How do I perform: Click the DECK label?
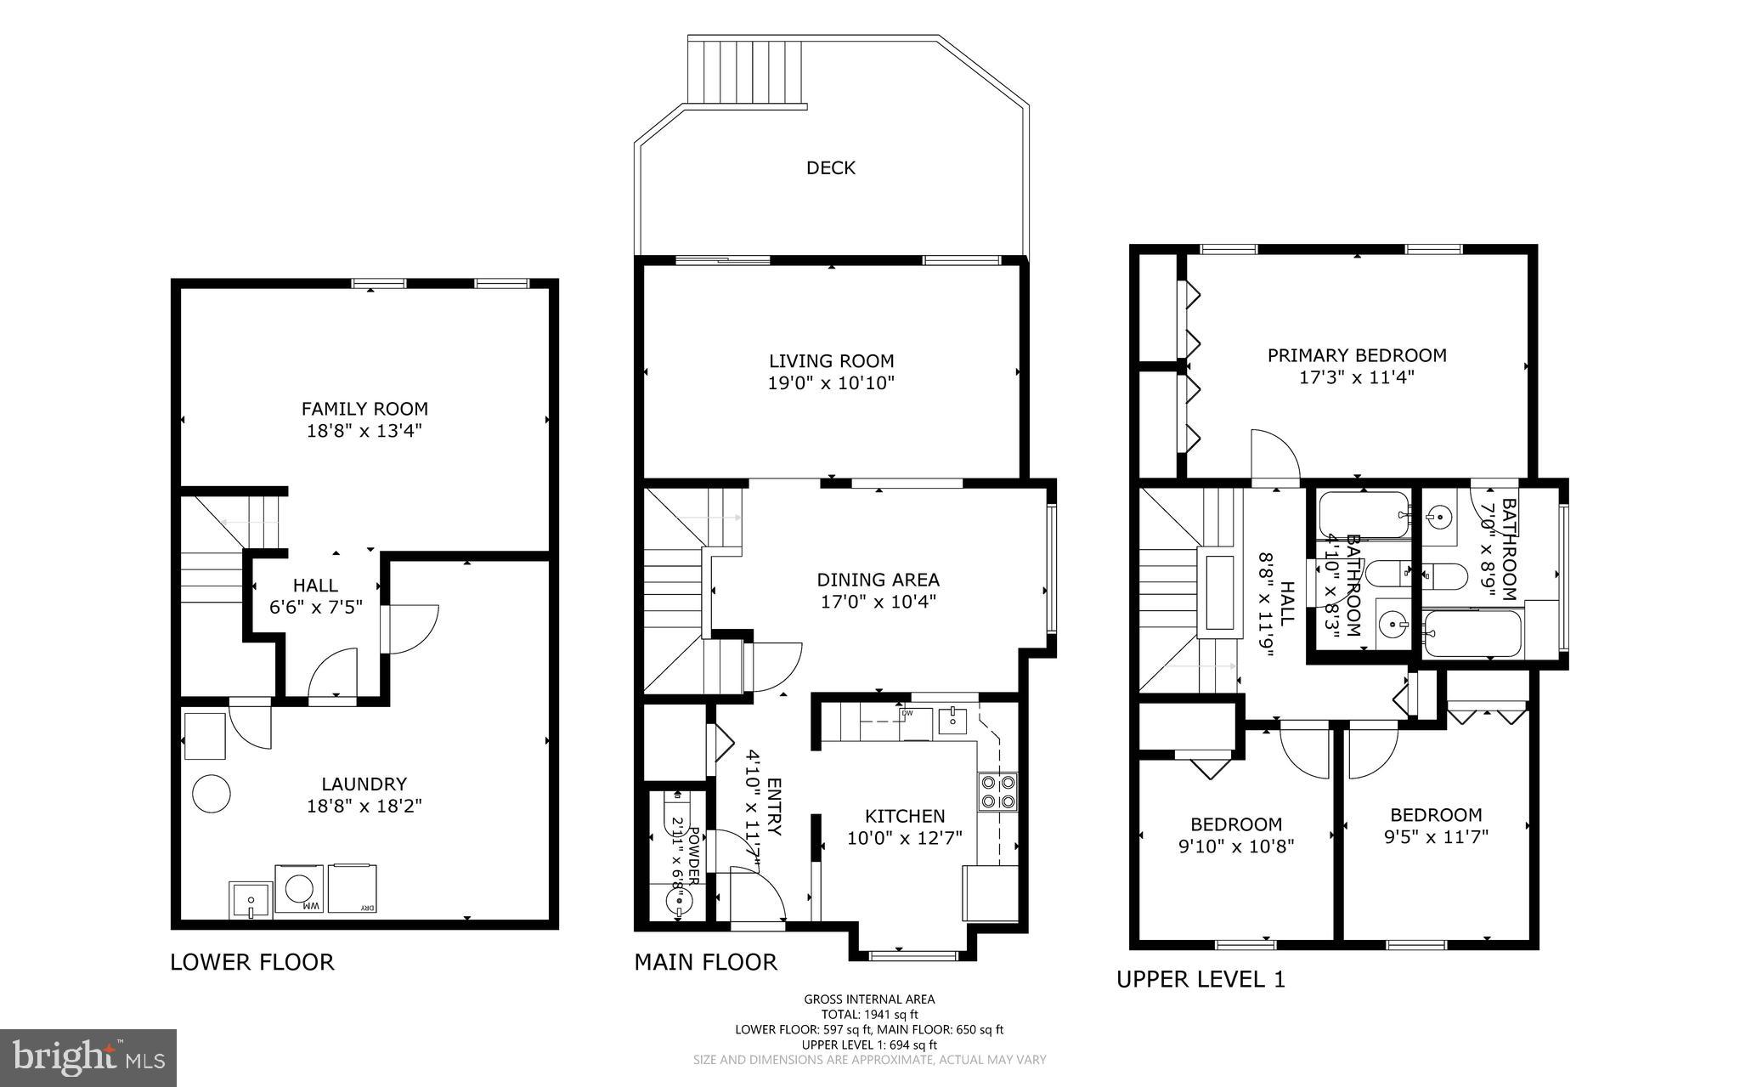[830, 168]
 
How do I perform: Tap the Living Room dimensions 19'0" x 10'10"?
[831, 383]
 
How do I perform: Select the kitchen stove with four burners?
[997, 791]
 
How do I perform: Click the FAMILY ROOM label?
[364, 409]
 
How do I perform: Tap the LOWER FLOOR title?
[252, 962]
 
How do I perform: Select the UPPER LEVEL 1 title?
[1200, 980]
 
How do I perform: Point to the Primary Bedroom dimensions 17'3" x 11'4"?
[1356, 377]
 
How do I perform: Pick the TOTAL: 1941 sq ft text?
[869, 1014]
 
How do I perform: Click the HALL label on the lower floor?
[315, 586]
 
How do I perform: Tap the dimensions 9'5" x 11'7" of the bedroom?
[1436, 837]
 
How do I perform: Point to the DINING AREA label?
[878, 580]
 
